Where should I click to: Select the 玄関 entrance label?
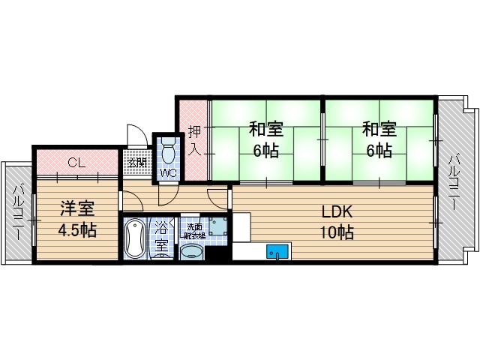136,163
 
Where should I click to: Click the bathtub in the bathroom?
136,238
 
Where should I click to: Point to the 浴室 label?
161,236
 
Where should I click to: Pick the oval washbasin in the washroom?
190,251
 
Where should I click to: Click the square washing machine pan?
217,226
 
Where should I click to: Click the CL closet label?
76,162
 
